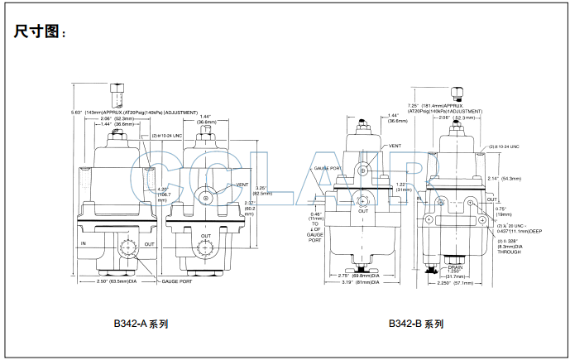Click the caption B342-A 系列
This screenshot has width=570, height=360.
[146, 324]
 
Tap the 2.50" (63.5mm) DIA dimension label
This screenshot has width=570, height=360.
[116, 281]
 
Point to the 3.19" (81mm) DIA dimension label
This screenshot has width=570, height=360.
[362, 282]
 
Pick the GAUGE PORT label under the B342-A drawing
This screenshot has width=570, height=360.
[179, 281]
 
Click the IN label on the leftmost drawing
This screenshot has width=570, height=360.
[84, 243]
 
